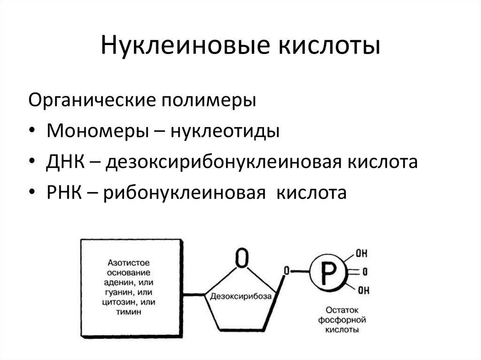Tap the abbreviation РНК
(64, 192)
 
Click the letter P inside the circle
(328, 271)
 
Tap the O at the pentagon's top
(241, 258)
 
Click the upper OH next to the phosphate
(361, 254)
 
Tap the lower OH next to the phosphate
(363, 290)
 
